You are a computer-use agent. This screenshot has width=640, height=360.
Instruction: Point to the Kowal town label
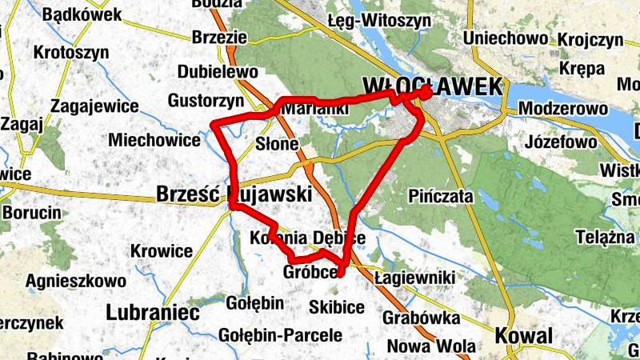click(523, 336)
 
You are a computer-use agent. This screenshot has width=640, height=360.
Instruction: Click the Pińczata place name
click(440, 196)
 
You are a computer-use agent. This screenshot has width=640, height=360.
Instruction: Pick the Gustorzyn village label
click(206, 101)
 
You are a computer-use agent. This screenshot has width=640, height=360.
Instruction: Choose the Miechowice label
click(154, 140)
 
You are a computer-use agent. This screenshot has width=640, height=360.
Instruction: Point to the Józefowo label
click(563, 143)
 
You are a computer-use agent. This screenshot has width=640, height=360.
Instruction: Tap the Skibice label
click(337, 307)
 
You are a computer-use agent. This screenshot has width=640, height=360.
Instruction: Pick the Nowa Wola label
click(421, 346)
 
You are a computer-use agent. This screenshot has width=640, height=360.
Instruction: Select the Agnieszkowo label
click(76, 282)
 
